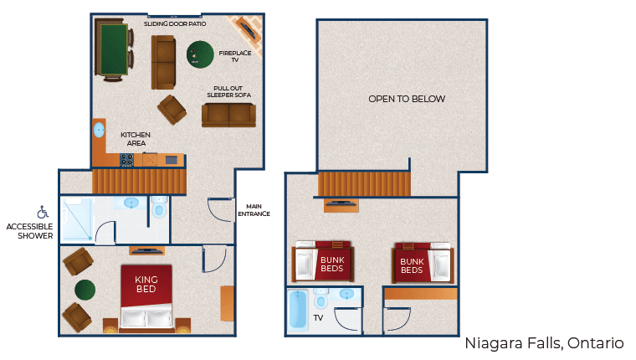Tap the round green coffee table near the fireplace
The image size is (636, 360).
pyautogui.click(x=199, y=55)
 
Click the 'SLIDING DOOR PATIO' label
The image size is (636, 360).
pyautogui.click(x=175, y=24)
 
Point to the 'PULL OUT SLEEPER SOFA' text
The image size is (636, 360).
pyautogui.click(x=229, y=91)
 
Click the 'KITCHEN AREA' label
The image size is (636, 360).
pyautogui.click(x=135, y=139)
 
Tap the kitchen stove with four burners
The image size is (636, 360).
pyautogui.click(x=127, y=159)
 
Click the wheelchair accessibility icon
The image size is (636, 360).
pyautogui.click(x=43, y=213)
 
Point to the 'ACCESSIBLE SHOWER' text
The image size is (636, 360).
pyautogui.click(x=30, y=231)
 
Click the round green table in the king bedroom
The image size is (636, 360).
pyautogui.click(x=85, y=290)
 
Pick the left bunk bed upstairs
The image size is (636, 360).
pyautogui.click(x=323, y=263)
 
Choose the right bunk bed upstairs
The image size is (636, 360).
pyautogui.click(x=423, y=263)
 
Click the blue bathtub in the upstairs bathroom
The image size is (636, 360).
pyautogui.click(x=297, y=311)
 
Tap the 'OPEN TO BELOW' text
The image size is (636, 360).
pyautogui.click(x=407, y=99)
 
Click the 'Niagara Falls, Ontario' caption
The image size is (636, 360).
pyautogui.click(x=544, y=343)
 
